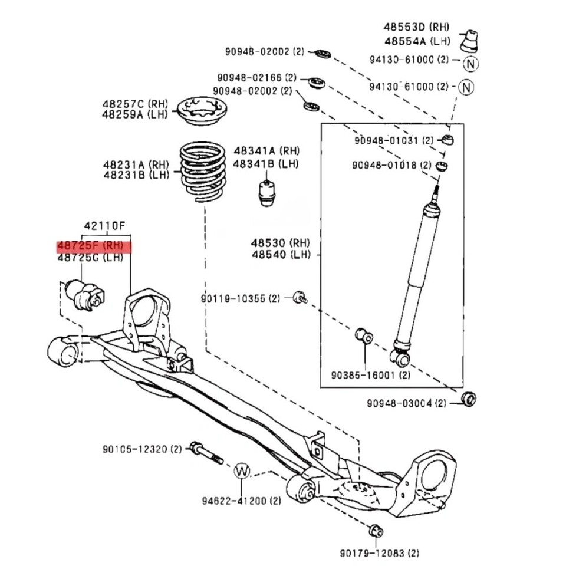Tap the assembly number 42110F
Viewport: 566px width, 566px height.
104,225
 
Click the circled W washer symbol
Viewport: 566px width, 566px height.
242,470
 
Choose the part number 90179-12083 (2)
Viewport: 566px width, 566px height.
379,553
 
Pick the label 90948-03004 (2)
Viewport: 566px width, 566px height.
407,403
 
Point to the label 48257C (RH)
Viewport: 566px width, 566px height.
136,103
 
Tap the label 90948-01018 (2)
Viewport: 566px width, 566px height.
393,165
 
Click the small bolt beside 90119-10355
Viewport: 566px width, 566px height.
300,297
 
